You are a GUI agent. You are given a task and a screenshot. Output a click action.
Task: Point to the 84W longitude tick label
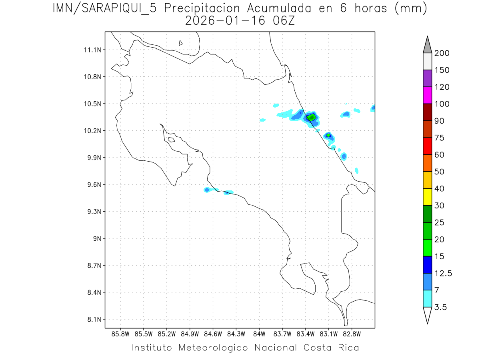click(x=259, y=334)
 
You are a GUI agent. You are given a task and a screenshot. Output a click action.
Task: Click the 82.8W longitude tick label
click(x=352, y=334)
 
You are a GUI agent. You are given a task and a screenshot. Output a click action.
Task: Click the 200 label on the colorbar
click(x=442, y=53)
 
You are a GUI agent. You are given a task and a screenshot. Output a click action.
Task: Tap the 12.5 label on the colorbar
click(x=443, y=273)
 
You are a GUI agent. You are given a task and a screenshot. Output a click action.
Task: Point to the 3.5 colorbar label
click(x=441, y=307)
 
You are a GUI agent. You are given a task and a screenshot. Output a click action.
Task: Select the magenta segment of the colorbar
click(x=427, y=95)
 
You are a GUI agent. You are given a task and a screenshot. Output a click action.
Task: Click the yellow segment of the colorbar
click(x=427, y=197)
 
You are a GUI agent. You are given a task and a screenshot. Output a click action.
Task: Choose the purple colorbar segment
click(x=427, y=78)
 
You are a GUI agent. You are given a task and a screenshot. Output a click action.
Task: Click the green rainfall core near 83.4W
click(x=311, y=117)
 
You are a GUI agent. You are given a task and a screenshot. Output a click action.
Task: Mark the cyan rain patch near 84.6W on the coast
click(x=207, y=190)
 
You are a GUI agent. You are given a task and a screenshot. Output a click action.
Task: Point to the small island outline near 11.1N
click(x=181, y=43)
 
